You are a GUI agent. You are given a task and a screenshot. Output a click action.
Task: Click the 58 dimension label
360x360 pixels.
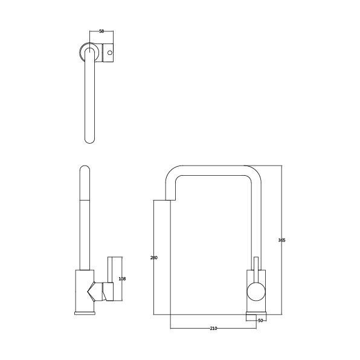pos(101,31)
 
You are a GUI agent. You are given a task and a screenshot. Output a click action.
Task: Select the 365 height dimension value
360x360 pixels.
pos(281,240)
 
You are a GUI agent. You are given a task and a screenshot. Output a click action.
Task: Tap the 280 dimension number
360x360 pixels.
pos(154,257)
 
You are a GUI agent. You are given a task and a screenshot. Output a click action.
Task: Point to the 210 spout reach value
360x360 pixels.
pos(213,329)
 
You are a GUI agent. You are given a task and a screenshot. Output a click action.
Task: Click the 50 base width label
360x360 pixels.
pos(260,321)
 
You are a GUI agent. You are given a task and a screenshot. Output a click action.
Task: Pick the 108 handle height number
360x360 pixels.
pos(122,278)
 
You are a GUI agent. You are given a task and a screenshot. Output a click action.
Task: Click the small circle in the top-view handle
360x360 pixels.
pos(110,53)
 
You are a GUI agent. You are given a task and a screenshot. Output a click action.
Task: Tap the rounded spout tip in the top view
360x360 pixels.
pos(89,140)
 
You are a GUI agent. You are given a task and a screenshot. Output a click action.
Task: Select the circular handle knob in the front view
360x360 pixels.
pos(256,292)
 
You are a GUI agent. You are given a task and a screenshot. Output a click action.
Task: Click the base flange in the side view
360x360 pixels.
pos(85,313)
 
